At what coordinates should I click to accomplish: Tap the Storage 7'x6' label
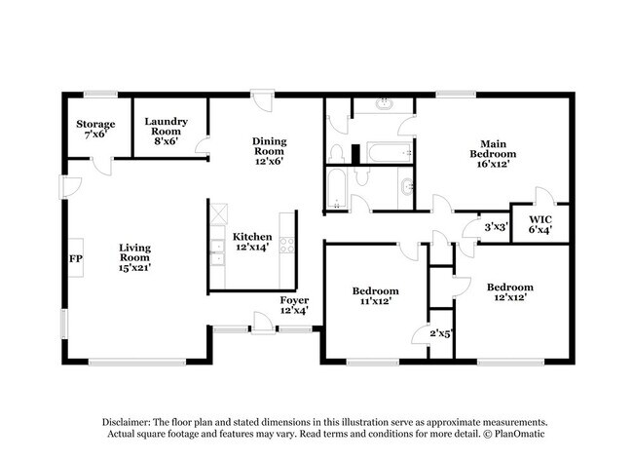pos(96,129)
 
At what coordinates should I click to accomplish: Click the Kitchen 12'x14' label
pos(251,243)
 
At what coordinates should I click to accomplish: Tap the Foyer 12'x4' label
pos(294,305)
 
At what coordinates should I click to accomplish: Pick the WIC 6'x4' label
pos(540,224)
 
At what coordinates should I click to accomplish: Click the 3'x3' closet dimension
pos(495,228)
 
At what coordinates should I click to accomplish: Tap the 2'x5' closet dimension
pos(441,334)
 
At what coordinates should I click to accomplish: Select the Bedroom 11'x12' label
pos(375,296)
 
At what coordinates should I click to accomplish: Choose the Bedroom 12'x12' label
pos(510,292)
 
